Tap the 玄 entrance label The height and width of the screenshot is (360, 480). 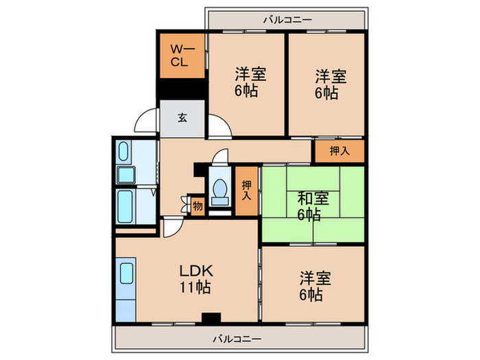[182, 117]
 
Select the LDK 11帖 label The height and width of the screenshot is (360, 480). [196, 278]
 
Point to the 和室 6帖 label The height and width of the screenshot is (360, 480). [312, 206]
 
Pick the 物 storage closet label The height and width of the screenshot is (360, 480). [197, 205]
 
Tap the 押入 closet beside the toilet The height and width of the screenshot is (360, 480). [246, 191]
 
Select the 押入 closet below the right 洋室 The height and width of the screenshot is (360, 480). [339, 152]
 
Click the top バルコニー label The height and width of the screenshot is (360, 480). [287, 20]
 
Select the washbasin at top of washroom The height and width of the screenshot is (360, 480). [125, 152]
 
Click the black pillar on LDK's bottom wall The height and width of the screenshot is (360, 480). [211, 317]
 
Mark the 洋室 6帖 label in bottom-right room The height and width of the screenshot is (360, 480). [315, 286]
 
